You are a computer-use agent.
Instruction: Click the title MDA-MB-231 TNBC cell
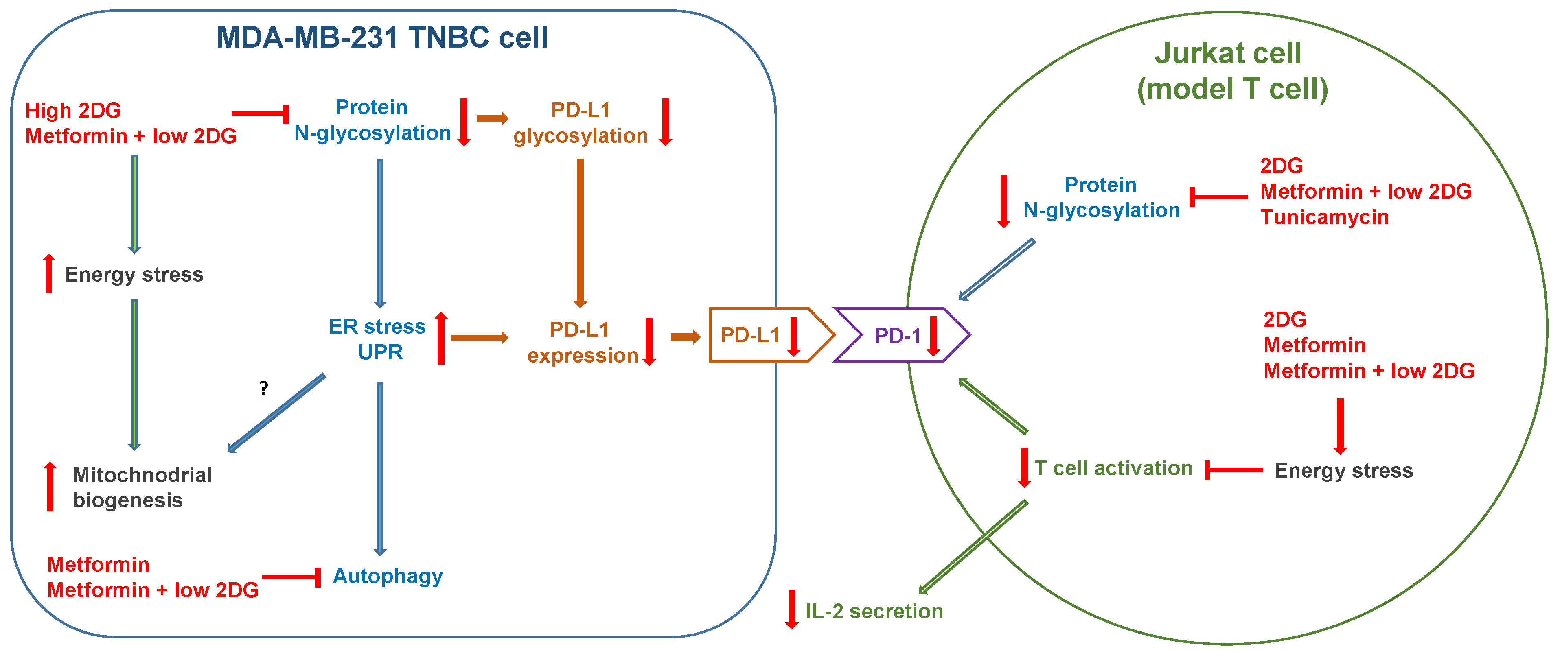[x=382, y=37]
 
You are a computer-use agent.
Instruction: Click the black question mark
[x=264, y=388]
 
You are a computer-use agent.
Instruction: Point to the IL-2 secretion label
[x=874, y=611]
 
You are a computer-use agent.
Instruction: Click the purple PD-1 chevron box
[x=902, y=334]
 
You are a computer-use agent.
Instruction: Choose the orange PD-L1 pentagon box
[x=772, y=334]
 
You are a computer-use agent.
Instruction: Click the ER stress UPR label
[x=378, y=339]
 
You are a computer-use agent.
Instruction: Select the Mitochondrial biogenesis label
[x=142, y=487]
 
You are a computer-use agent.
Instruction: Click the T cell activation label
[x=1113, y=468]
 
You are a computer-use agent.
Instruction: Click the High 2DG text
[x=73, y=110]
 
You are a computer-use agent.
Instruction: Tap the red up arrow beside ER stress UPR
[x=441, y=338]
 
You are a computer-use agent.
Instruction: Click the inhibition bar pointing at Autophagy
[x=291, y=577]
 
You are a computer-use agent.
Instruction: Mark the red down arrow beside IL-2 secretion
[x=791, y=609]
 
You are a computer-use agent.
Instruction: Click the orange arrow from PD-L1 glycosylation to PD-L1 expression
[x=580, y=234]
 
